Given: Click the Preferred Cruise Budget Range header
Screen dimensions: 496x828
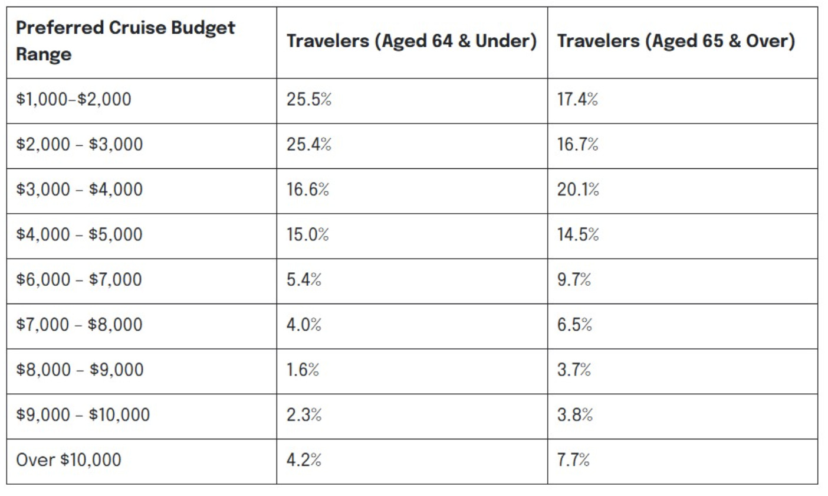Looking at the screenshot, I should tap(125, 41).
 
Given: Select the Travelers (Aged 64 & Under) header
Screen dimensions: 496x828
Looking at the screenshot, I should tap(412, 41).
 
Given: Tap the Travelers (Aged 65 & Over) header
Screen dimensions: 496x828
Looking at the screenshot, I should tap(676, 41).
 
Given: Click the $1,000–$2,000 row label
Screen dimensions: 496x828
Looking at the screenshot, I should tap(74, 99).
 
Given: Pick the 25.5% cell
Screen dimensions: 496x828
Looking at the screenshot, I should tap(309, 99).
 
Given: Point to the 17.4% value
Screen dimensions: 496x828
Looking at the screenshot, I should tap(577, 99).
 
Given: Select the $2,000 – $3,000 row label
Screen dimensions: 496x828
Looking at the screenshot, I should tap(79, 145).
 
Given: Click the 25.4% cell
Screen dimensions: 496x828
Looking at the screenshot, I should tap(309, 145).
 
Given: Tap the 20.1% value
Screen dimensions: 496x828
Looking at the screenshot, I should tap(578, 190).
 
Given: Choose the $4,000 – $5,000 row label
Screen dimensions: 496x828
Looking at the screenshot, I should tap(79, 234).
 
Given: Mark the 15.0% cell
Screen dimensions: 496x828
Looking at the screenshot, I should tap(308, 234).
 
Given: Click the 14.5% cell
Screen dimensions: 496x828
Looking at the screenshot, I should tap(578, 234).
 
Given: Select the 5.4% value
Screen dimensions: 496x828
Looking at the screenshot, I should tap(304, 279).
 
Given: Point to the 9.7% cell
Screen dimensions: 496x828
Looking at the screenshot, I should tap(574, 279).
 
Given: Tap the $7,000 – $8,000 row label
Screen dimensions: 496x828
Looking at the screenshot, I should tap(79, 325).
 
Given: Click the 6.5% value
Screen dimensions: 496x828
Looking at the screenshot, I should tap(574, 325).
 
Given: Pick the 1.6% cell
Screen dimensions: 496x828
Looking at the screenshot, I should tap(303, 370).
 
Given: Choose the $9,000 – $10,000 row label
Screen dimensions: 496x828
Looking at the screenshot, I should tap(83, 415).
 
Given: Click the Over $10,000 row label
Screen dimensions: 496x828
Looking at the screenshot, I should tap(68, 459).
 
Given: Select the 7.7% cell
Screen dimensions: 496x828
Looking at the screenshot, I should tap(573, 459).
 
